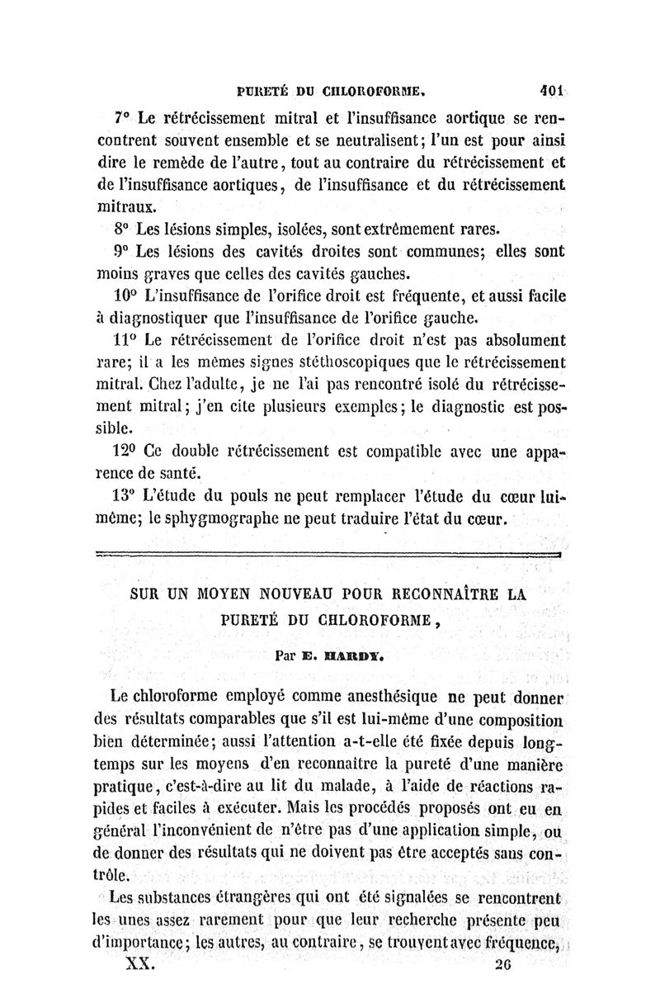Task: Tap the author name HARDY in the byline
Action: (340, 659)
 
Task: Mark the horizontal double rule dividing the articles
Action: (329, 556)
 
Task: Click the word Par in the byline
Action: (287, 659)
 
